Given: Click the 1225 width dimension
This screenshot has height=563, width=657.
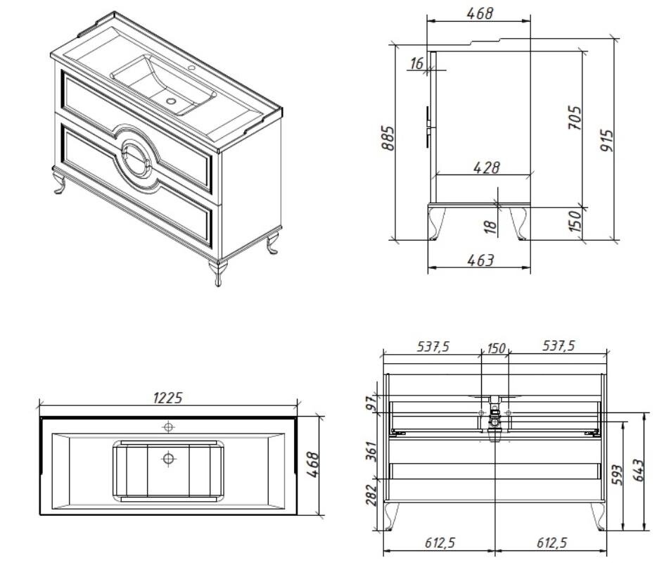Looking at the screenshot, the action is tap(168, 398).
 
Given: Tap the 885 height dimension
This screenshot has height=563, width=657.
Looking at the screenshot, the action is tap(388, 138).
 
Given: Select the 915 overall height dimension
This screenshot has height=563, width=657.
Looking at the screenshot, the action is tap(606, 141).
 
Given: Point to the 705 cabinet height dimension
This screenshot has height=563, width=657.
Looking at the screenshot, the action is tap(575, 118).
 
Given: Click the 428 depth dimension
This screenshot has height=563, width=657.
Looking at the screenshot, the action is tap(487, 167).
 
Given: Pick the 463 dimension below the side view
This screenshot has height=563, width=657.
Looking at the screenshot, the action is tap(480, 260).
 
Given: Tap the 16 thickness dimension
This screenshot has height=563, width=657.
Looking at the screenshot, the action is tap(417, 63).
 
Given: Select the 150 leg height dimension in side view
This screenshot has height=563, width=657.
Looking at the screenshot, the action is tap(575, 221).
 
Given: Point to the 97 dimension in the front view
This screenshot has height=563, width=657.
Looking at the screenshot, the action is tap(371, 405).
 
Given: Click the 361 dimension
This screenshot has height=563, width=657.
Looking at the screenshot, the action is tap(371, 451).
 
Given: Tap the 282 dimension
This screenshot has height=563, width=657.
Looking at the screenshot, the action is tap(371, 495).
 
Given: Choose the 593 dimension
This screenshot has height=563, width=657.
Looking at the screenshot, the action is tap(617, 474).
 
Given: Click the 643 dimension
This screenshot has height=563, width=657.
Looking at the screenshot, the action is tap(637, 470).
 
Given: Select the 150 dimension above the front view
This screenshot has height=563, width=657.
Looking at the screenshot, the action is tap(497, 348).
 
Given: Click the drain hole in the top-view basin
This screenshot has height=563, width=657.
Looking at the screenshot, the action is tap(168, 459).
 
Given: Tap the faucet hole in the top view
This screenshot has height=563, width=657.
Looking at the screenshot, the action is tap(168, 427).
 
